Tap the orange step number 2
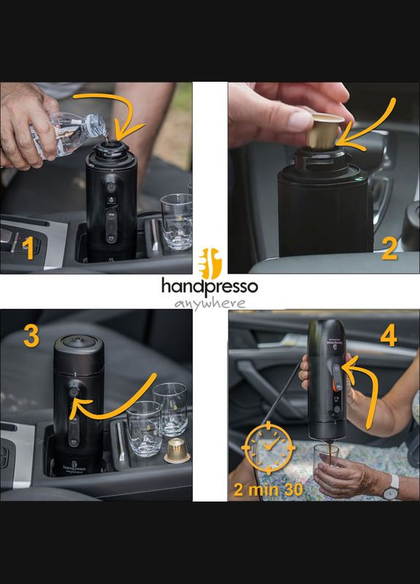click(389, 250)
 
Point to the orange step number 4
click(389, 337)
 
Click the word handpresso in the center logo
click(210, 286)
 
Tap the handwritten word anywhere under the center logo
click(210, 303)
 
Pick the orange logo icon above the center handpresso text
click(209, 261)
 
